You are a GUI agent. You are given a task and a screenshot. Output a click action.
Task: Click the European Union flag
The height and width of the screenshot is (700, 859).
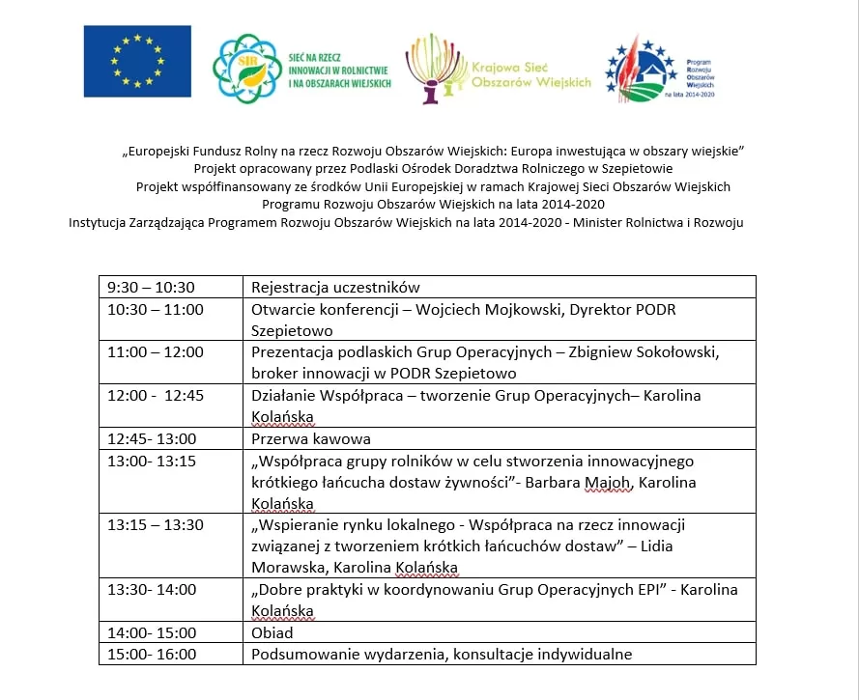click(137, 61)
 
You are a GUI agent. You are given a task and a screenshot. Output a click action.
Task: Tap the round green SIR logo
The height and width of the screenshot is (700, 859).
click(246, 67)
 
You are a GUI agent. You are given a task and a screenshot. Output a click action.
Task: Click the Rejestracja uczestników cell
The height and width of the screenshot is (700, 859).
click(335, 287)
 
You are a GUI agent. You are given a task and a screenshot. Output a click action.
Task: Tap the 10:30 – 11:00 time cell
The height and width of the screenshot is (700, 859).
click(156, 309)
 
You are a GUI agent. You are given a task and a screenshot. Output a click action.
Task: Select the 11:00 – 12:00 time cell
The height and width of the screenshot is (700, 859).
click(156, 352)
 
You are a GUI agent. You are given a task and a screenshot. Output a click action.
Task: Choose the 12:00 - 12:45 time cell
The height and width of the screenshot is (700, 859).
click(155, 396)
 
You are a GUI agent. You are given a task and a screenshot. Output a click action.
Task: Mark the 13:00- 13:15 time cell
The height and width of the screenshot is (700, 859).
click(152, 462)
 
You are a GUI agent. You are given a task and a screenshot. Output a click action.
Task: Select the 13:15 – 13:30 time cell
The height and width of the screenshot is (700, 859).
click(156, 525)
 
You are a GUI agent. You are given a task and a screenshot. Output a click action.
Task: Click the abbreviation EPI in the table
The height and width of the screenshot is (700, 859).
click(644, 589)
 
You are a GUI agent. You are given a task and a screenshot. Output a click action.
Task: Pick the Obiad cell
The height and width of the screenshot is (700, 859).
click(272, 633)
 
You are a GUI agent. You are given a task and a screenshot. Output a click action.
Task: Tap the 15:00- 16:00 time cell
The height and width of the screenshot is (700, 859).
click(152, 655)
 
